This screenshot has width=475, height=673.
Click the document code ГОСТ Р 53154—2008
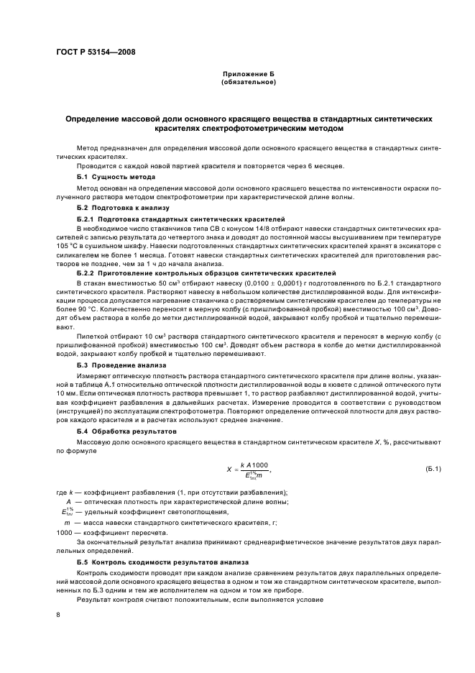click(96, 52)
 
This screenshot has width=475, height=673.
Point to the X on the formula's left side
click(229, 470)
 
